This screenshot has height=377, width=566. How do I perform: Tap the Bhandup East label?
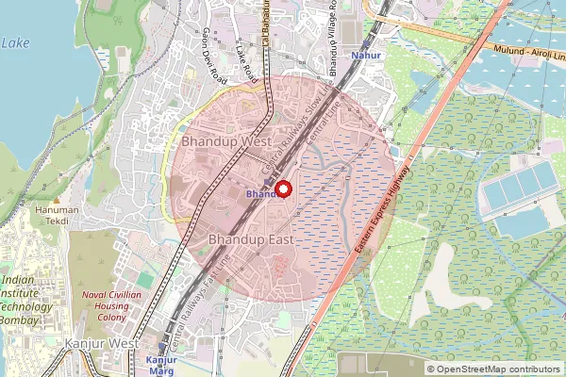click(x=251, y=240)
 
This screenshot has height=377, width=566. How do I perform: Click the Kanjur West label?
click(x=104, y=345)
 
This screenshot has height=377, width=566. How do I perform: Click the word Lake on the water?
click(x=16, y=43)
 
